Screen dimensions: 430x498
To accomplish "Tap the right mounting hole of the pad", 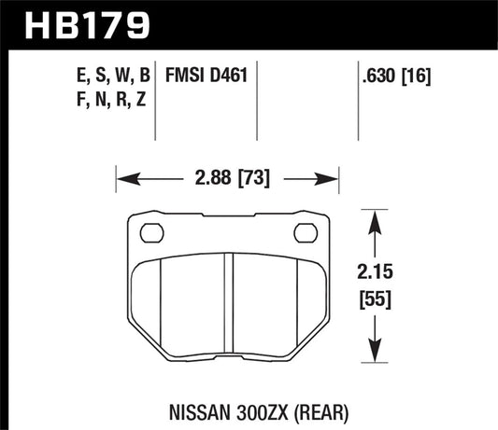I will coord(305,233).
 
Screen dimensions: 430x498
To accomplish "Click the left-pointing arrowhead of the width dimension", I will coord(121,175).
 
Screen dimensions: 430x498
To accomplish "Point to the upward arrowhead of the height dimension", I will coord(375,219).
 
